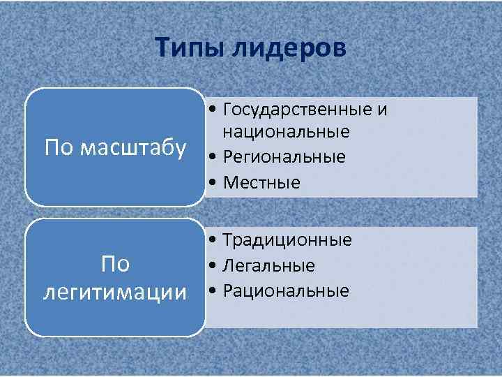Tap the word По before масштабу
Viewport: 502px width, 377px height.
point(59,148)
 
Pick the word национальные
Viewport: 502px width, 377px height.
point(287,132)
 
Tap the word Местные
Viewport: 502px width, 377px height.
point(261,183)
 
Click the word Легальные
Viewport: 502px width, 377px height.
point(269,266)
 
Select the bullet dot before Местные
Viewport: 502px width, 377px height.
point(211,183)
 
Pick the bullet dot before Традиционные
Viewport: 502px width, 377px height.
point(211,242)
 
